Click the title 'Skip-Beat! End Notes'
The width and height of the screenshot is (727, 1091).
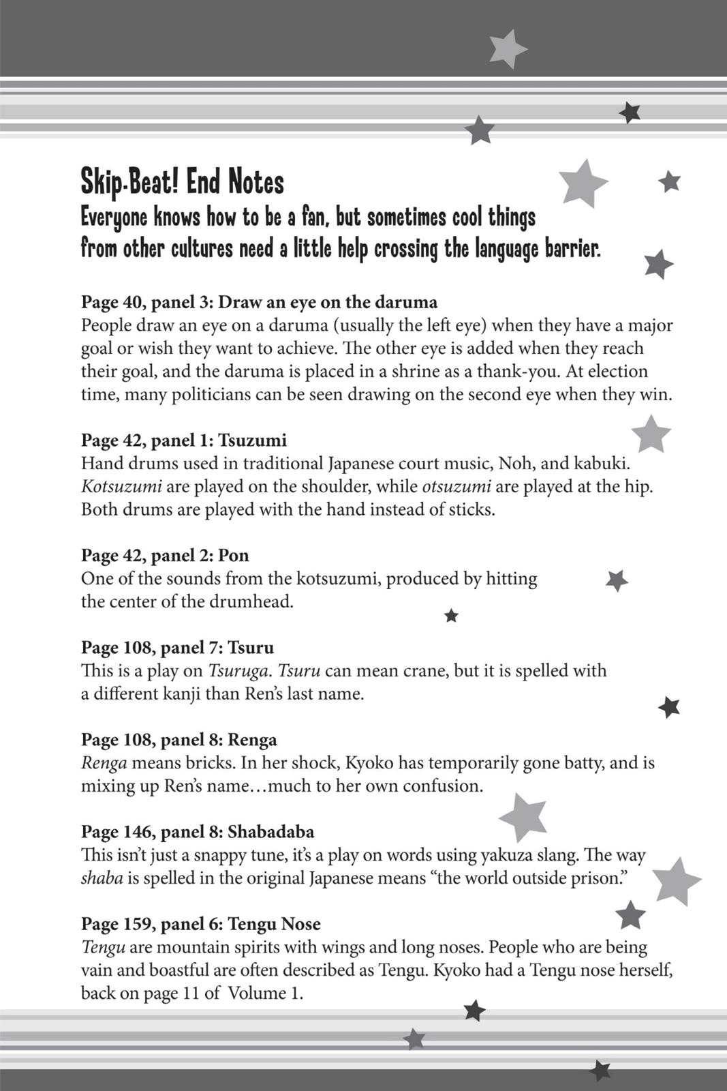pyautogui.click(x=182, y=182)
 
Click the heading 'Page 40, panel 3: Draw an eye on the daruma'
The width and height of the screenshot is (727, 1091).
pyautogui.click(x=259, y=301)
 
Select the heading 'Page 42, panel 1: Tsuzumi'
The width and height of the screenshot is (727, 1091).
pyautogui.click(x=184, y=440)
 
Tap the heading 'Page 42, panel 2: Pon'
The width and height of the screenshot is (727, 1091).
pyautogui.click(x=165, y=555)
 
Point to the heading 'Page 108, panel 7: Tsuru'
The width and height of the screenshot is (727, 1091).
pyautogui.click(x=177, y=647)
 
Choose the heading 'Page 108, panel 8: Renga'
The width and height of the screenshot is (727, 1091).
pyautogui.click(x=179, y=739)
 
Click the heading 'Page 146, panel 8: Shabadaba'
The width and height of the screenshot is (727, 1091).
pyautogui.click(x=198, y=831)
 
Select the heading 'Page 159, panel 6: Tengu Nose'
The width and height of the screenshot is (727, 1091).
pyautogui.click(x=201, y=923)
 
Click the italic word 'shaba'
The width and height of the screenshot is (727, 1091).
pyautogui.click(x=102, y=878)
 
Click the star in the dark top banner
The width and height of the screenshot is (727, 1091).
pyautogui.click(x=506, y=48)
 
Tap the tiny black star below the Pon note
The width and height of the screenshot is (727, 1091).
pyautogui.click(x=451, y=616)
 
